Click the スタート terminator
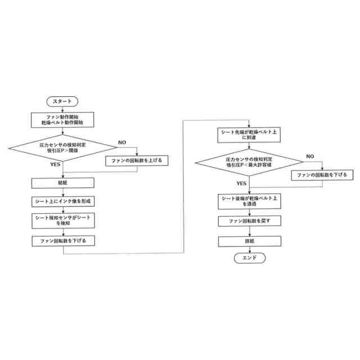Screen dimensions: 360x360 coord(62,101)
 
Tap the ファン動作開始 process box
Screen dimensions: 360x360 coord(62,119)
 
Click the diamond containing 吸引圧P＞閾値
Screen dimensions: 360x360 coord(62,147)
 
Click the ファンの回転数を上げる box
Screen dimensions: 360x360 coord(137,161)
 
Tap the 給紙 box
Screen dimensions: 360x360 coord(62,183)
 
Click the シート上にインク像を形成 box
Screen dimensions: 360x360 coord(62,201)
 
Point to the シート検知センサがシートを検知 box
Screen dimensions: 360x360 coord(62,220)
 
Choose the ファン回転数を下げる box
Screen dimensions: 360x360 coord(62,241)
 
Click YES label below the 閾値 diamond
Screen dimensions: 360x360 coord(55,165)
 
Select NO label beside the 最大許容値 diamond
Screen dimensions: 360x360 coord(309,156)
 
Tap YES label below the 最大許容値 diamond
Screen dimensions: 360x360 coord(241,183)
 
